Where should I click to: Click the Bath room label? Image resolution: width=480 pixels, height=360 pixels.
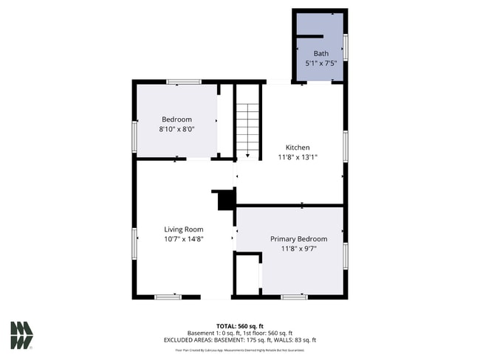coord(321,53)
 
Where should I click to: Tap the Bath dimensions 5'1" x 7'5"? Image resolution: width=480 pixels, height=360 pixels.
coord(321,63)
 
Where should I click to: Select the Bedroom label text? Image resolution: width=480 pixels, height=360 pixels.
coord(176,120)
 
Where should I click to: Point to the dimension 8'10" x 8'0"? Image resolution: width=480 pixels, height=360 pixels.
coord(176,129)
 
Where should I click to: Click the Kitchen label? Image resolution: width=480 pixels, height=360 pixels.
coord(298,148)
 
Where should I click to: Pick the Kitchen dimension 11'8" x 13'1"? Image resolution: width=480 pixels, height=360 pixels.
coord(298,157)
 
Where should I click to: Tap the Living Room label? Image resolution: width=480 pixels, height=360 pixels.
coord(183,229)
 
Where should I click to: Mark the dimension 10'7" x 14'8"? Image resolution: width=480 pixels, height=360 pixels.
coord(183,239)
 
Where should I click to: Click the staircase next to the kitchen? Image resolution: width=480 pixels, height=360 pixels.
coord(247,125)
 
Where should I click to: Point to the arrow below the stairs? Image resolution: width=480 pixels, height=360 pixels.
coord(247,155)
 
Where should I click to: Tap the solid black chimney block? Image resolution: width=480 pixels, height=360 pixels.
coord(225,199)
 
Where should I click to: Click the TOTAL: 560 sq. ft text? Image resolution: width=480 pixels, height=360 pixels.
coord(240,325)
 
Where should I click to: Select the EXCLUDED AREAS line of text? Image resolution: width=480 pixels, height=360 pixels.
coord(240,340)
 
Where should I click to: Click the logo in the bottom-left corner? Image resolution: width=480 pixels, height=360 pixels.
coord(21,335)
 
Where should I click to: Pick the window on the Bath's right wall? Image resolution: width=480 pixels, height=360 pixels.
coord(346,46)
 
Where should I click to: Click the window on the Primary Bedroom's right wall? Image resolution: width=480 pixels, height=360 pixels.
coord(345,255)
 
